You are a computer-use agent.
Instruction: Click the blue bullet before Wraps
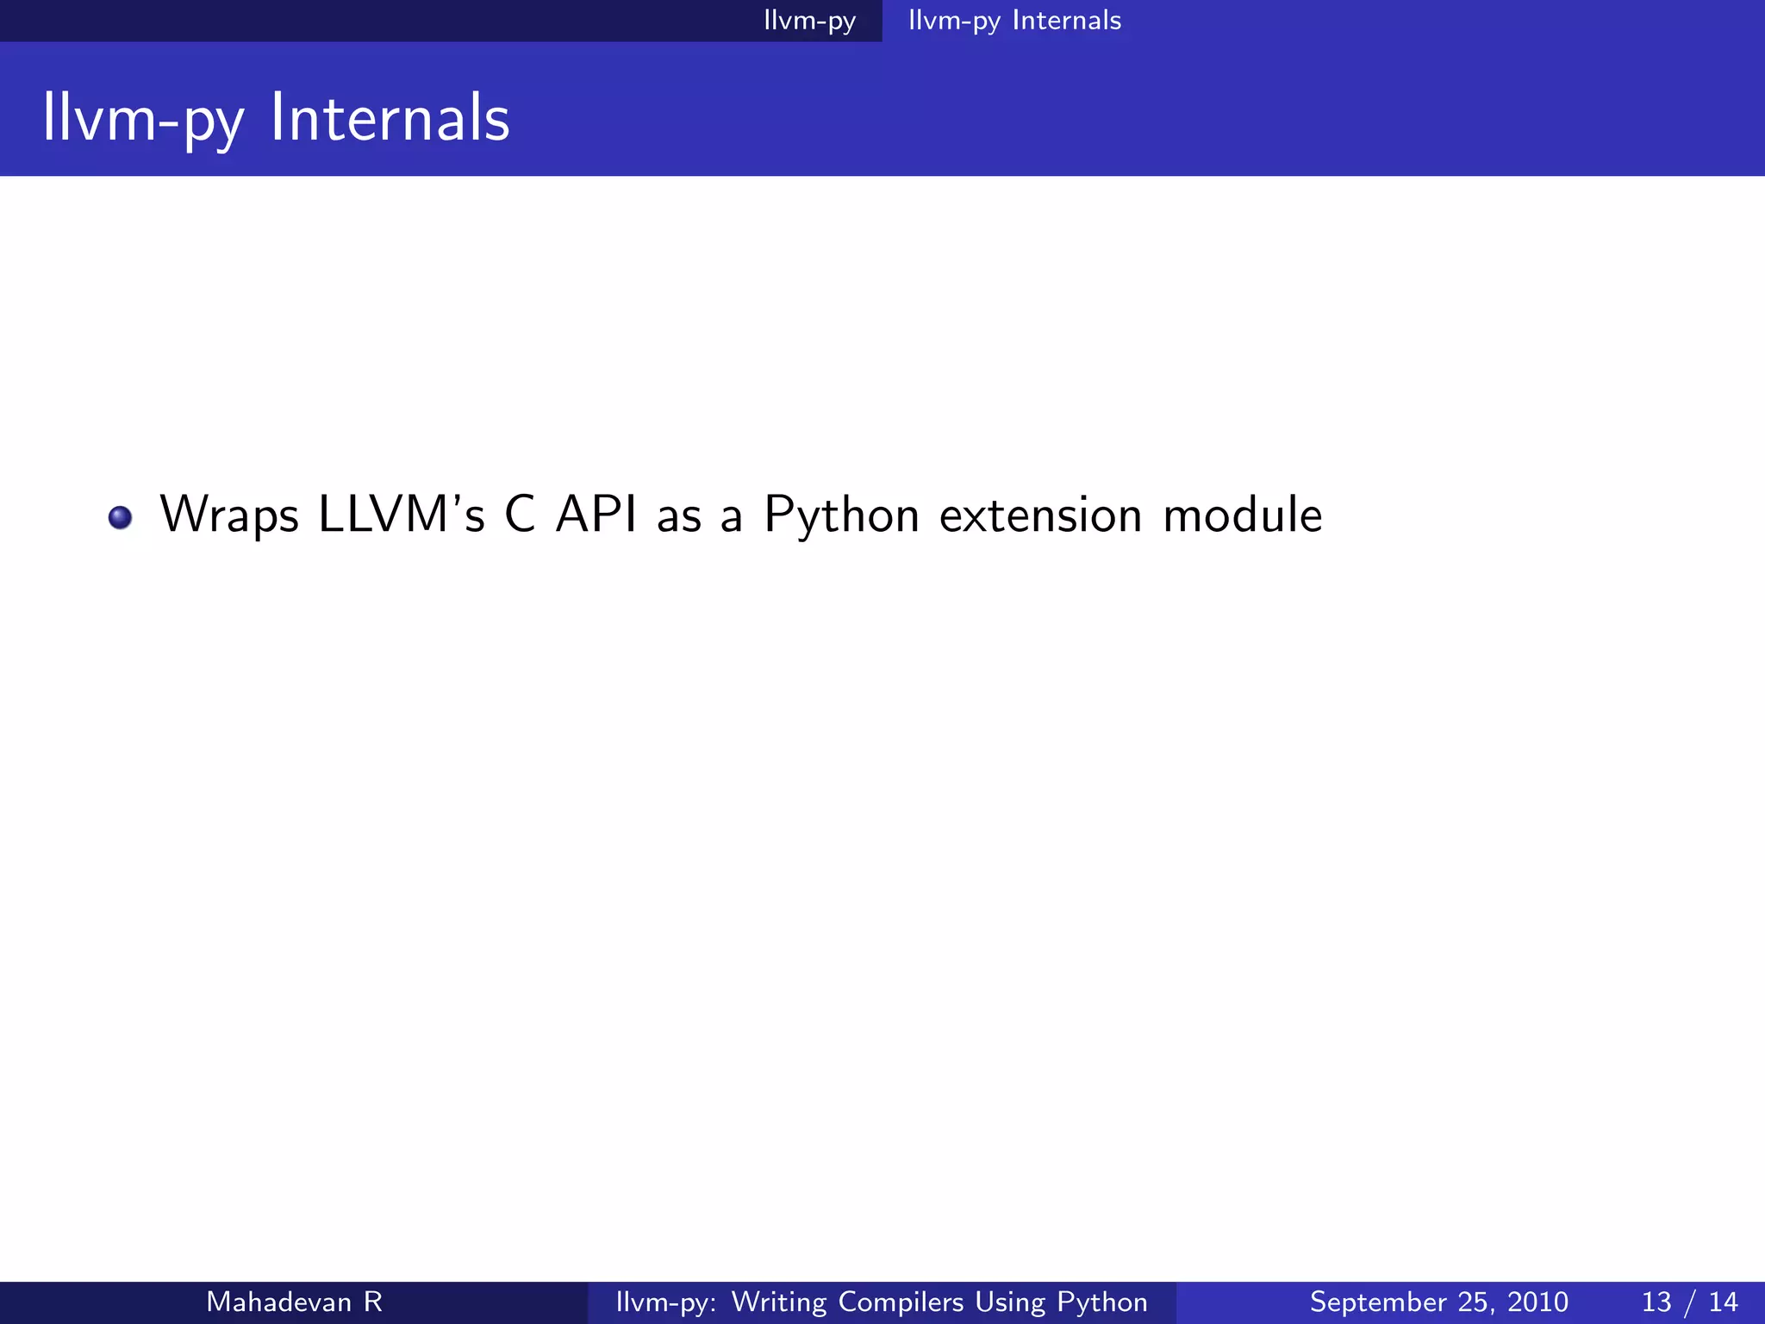(120, 517)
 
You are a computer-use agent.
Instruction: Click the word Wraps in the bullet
(229, 515)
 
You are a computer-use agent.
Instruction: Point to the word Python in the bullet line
(842, 515)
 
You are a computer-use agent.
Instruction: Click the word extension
(1040, 515)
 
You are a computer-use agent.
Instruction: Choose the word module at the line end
(1242, 515)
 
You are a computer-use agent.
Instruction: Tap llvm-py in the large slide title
(143, 119)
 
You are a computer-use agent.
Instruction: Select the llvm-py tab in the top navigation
(809, 21)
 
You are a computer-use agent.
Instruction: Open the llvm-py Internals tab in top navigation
(1014, 21)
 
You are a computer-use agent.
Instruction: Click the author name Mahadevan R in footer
(294, 1302)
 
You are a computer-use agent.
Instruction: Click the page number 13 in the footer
(1656, 1302)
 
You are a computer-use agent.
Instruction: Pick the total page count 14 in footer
(1723, 1302)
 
